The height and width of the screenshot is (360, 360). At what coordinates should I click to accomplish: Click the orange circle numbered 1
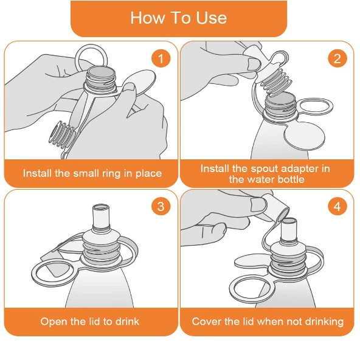161,58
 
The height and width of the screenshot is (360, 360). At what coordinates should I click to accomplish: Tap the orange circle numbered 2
337,58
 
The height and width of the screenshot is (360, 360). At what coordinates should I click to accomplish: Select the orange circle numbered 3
161,206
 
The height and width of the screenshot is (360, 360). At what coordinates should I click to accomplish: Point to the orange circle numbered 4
337,206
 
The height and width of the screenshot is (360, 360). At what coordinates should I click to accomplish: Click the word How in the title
147,18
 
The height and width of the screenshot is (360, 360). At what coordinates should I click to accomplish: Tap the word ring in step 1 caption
111,173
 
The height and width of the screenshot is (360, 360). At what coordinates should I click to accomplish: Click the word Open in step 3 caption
54,322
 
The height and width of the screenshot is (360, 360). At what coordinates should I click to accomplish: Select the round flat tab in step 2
304,137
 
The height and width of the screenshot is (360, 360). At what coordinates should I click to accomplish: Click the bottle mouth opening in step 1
101,72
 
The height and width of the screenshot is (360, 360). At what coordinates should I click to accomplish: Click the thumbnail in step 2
254,64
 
